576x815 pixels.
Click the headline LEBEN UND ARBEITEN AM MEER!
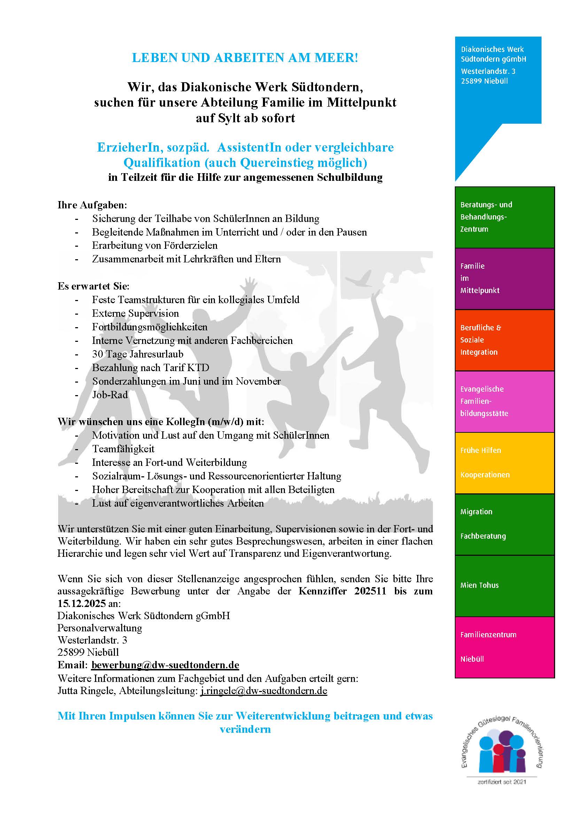tap(245, 58)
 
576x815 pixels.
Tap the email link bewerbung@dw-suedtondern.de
tap(165, 664)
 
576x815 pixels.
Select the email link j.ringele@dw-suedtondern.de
tap(264, 691)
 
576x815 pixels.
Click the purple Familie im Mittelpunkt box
tap(504, 278)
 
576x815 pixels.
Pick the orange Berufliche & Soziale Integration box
tap(504, 340)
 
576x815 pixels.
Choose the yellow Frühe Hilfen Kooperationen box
tap(504, 462)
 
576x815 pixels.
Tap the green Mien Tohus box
tap(504, 585)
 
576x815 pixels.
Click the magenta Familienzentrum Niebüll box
tap(504, 647)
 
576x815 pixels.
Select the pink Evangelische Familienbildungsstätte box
tap(504, 401)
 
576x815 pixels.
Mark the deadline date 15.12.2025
tap(81, 603)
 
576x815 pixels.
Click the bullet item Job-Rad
tap(110, 394)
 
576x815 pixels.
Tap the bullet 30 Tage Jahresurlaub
tap(138, 354)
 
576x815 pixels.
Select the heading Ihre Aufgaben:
tap(92, 205)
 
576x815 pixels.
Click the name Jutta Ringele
tap(87, 691)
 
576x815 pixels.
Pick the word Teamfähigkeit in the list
tap(123, 449)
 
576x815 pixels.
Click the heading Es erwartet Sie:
tap(94, 286)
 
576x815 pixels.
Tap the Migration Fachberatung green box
tap(504, 524)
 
